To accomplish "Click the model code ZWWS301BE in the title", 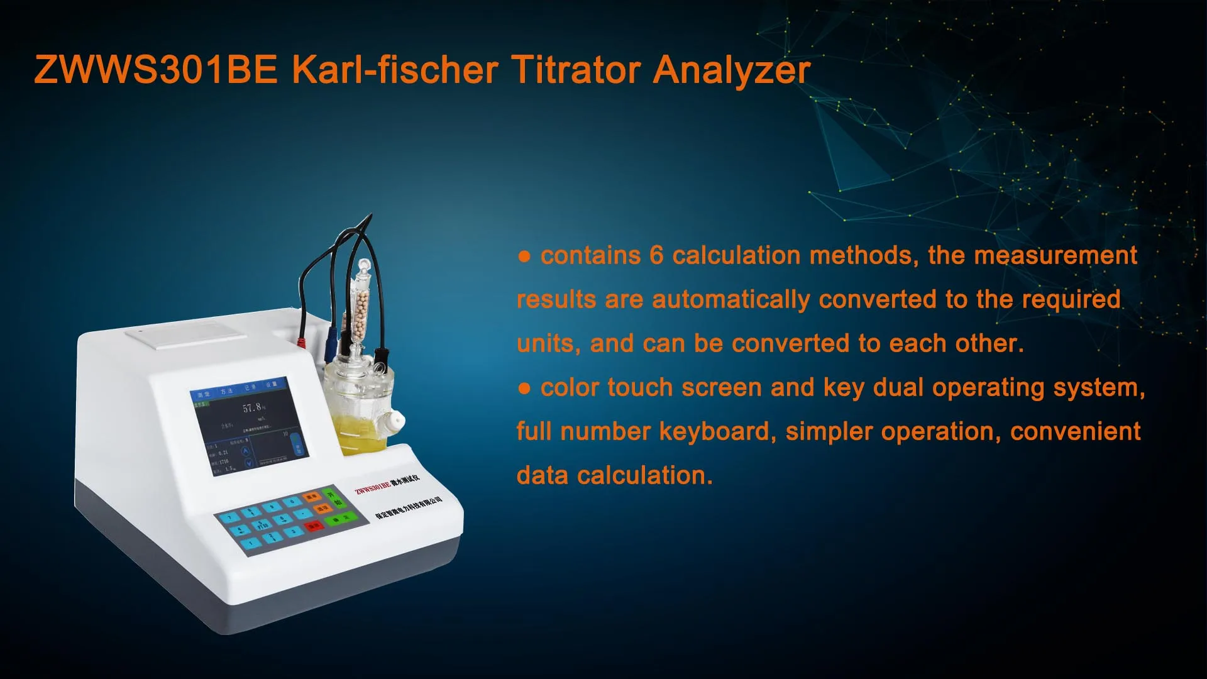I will coord(156,69).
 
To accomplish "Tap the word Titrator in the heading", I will coord(576,69).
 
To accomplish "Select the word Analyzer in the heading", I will coord(732,70).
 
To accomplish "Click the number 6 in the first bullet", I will coord(656,255).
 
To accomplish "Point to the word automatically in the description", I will coord(730,300).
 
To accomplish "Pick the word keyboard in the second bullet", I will coord(715,432).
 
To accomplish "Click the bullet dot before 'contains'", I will coord(524,257).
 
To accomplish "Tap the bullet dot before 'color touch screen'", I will coord(524,389).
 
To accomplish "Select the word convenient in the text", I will coord(1075,432).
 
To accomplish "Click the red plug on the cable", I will coord(301,343).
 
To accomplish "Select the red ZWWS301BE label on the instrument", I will coord(373,487).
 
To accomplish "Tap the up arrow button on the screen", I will coord(246,451).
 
